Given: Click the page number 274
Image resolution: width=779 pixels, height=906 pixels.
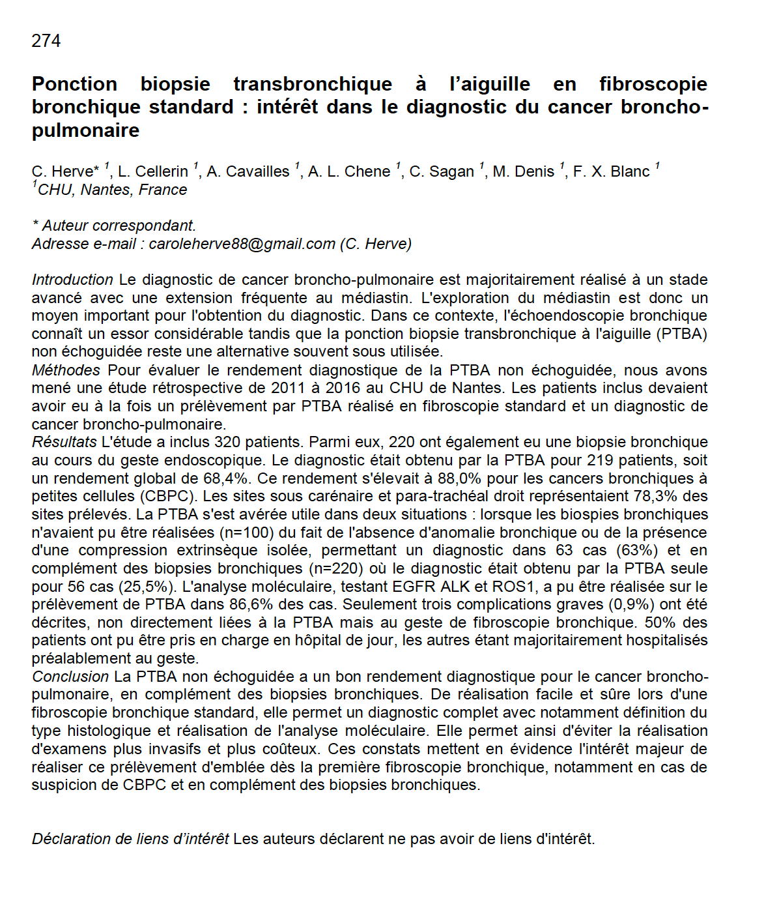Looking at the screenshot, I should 46,41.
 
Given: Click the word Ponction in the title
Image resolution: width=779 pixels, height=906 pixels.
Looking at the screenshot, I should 74,84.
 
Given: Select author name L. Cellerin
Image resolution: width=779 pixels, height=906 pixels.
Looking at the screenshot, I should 153,171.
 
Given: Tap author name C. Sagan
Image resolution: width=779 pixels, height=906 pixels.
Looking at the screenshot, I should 442,171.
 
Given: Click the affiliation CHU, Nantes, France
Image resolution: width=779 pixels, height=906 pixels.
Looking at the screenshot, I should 112,190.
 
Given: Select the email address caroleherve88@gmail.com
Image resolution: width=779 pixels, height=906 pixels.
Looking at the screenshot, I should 242,244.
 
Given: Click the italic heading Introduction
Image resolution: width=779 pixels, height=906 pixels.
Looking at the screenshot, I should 72,280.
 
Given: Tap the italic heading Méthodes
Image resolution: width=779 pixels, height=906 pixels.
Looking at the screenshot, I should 66,370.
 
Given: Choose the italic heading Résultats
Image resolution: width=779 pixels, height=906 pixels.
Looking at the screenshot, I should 64,442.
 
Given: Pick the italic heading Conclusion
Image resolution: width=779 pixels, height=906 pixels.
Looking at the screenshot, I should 70,677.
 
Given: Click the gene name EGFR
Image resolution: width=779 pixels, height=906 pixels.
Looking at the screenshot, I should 414,587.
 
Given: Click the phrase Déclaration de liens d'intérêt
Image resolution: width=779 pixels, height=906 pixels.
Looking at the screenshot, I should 130,839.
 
